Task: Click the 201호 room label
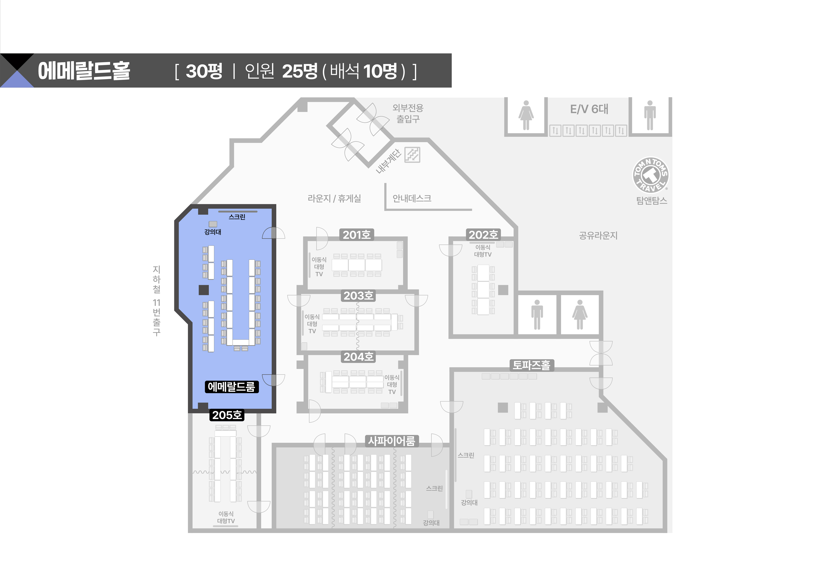coord(356,235)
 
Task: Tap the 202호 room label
coord(483,235)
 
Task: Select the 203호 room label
coord(358,296)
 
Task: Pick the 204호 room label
coord(358,357)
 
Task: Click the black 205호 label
coord(227,415)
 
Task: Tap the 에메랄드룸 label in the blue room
coord(232,387)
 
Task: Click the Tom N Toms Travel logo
coord(651,175)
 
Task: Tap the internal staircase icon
coord(412,155)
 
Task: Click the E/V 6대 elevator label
coord(589,109)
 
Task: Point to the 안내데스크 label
coord(412,198)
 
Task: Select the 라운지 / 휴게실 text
coord(334,198)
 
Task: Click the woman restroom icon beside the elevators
coord(526,115)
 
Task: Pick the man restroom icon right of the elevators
coord(650,115)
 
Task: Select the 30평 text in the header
coord(204,71)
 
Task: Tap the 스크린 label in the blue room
coord(237,217)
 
